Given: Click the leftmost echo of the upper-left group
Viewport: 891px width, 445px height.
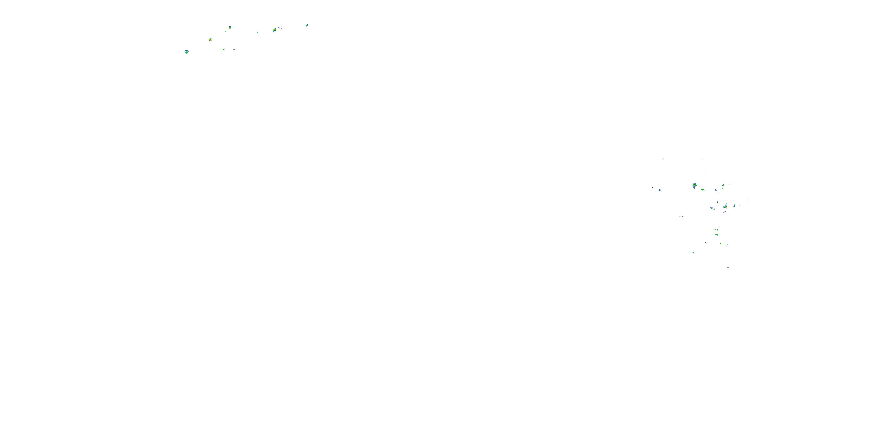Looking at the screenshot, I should (187, 52).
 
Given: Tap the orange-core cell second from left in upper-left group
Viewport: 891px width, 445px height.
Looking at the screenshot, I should (210, 39).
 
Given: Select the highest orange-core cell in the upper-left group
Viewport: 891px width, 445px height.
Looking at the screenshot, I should (230, 27).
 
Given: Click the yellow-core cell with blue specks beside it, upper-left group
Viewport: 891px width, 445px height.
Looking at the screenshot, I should (275, 30).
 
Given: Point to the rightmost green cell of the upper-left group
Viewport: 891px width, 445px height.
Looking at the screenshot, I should (307, 25).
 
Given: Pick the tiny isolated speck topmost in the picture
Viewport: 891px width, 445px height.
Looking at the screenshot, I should (319, 15).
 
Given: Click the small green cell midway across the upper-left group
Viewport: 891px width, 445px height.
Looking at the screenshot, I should (257, 33).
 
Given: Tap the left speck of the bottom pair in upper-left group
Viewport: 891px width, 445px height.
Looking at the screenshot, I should (223, 50).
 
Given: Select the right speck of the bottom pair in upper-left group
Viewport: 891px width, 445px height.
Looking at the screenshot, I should (234, 50).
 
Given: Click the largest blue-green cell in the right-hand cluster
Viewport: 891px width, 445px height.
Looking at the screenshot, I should (695, 185).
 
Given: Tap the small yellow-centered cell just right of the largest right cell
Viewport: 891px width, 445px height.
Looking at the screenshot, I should (703, 189).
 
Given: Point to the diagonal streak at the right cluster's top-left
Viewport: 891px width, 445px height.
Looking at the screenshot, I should (663, 159).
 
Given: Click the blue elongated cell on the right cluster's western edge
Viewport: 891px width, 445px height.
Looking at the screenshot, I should (660, 190).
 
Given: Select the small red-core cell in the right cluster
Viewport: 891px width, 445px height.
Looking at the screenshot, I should (717, 202).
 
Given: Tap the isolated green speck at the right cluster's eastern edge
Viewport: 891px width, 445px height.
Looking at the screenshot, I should (747, 200).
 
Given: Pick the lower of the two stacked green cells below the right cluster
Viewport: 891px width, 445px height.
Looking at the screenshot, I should (717, 235).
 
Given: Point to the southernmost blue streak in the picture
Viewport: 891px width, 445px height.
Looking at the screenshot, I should (728, 267).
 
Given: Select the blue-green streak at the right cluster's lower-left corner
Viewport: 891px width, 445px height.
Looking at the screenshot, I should (693, 252).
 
